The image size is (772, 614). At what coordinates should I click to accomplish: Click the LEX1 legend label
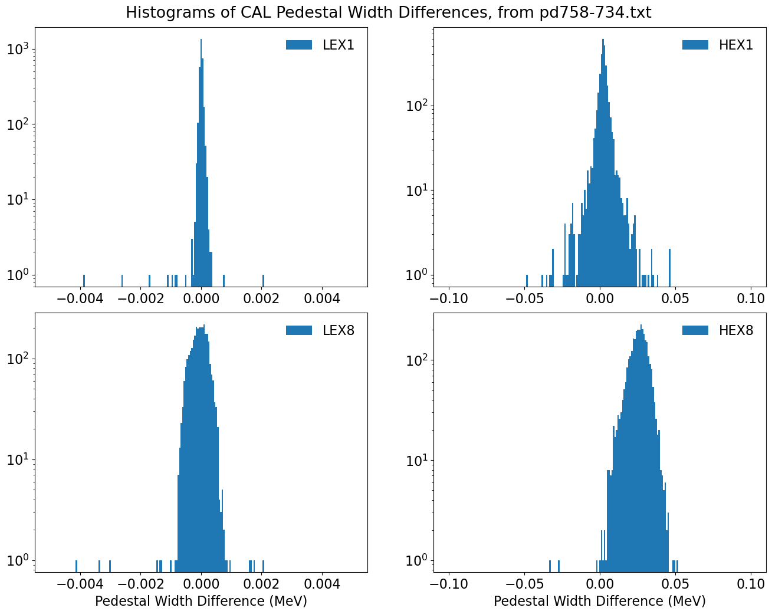338,45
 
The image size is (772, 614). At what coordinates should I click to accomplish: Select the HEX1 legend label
736,45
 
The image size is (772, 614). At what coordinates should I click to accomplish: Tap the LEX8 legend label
338,330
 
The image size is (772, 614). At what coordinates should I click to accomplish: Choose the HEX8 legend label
736,330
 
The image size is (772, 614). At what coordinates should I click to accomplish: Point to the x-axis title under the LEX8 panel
201,601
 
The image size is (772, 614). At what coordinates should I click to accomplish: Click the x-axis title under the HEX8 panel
600,601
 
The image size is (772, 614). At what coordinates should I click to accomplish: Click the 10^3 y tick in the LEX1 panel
18,50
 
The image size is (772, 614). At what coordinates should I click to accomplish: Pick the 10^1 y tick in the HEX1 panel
416,191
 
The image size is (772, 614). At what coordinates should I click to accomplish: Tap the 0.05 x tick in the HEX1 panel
675,298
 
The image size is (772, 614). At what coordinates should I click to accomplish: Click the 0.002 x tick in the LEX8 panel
261,584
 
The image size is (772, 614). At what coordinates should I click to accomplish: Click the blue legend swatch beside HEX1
695,45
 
